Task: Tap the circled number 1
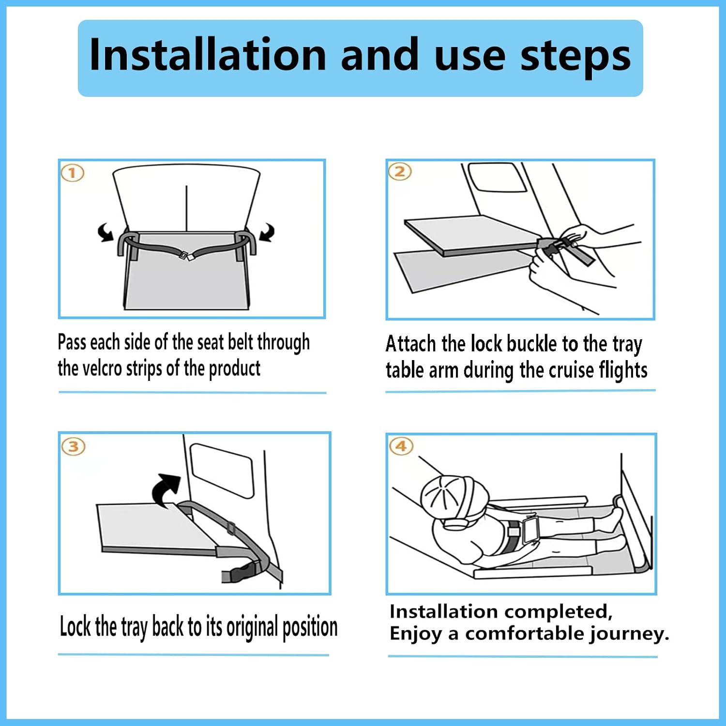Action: pyautogui.click(x=72, y=173)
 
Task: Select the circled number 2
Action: pyautogui.click(x=400, y=171)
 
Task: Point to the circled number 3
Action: pyautogui.click(x=74, y=446)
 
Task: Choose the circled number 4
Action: pyautogui.click(x=401, y=446)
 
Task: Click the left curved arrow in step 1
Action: pyautogui.click(x=106, y=232)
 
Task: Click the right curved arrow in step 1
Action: pyautogui.click(x=267, y=232)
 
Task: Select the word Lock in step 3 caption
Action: pyautogui.click(x=75, y=626)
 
